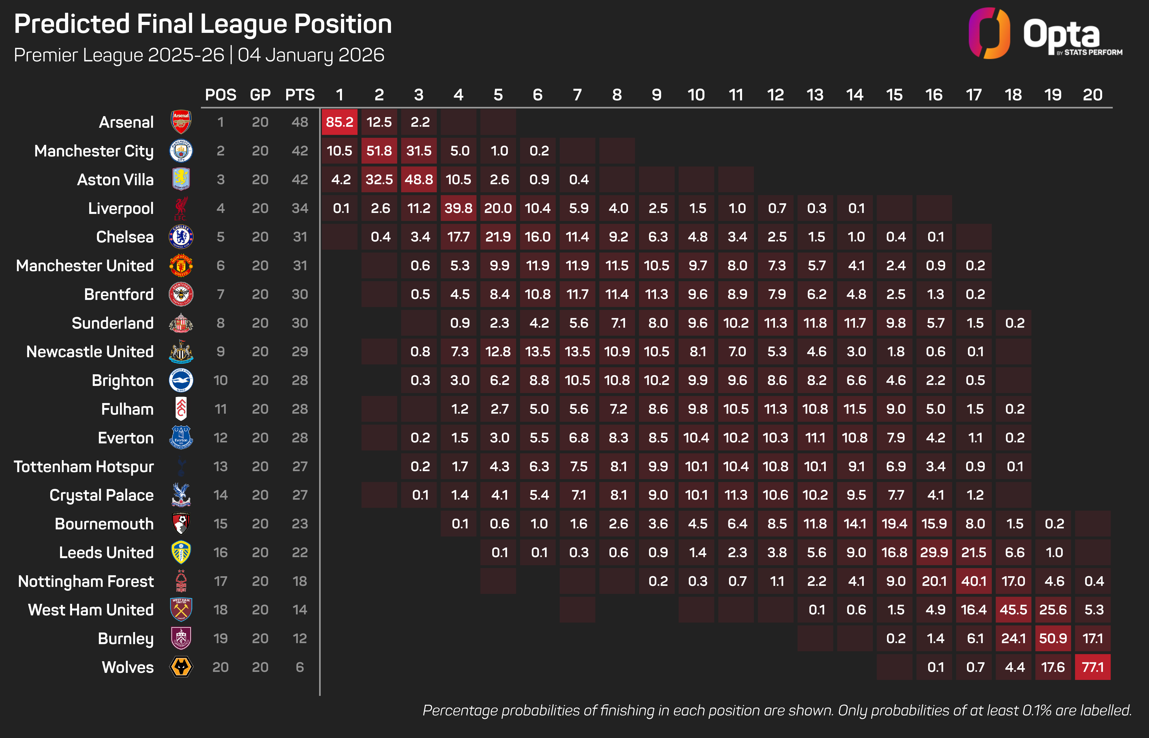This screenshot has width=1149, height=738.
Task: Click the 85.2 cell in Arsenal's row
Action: [x=340, y=122]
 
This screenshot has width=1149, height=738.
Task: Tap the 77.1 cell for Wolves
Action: [x=1092, y=667]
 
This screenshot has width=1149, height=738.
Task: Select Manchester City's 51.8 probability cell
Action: [x=379, y=151]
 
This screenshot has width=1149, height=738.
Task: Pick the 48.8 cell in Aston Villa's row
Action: [x=419, y=180]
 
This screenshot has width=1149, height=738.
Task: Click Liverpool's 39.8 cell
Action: [x=458, y=208]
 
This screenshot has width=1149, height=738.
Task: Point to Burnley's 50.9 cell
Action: [x=1053, y=638]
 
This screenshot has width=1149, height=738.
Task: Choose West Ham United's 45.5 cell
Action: [x=1013, y=609]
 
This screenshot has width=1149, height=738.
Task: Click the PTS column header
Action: [x=300, y=95]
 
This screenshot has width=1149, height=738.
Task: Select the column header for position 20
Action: [x=1092, y=95]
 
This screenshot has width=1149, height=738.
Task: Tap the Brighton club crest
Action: [x=181, y=380]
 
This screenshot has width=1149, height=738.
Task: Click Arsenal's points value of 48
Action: [x=300, y=122]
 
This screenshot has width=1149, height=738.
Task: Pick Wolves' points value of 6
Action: [x=300, y=667]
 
